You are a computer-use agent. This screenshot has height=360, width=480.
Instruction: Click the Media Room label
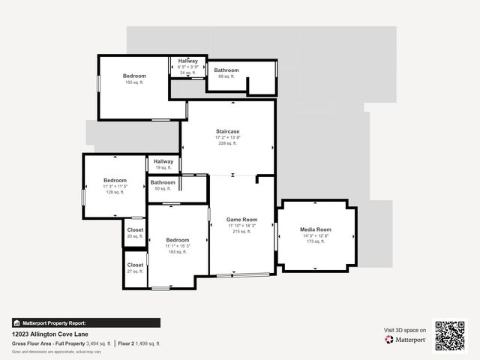point(316,229)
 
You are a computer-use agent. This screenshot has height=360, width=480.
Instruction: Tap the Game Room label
point(242,219)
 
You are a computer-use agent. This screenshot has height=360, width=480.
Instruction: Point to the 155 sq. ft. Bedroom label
point(134,76)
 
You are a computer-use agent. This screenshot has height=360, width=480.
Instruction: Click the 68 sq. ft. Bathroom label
point(226,70)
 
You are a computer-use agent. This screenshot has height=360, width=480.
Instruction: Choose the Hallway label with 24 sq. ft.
point(188,61)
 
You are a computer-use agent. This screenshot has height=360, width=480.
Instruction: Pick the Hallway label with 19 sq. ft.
point(163,161)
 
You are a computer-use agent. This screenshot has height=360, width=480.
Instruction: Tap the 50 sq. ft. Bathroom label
point(163,182)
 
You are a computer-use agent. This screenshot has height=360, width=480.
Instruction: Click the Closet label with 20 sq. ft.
point(135,230)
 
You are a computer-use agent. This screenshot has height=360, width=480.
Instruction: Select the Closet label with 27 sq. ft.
point(135,265)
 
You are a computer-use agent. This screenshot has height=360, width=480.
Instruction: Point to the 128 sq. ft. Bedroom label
point(115,180)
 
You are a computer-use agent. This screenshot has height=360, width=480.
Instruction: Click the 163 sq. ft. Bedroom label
point(178,240)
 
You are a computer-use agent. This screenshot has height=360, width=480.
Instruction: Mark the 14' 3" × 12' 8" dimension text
point(316,235)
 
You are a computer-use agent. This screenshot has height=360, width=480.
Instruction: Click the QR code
point(450,335)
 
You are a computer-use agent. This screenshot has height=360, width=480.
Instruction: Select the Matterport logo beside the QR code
point(406,340)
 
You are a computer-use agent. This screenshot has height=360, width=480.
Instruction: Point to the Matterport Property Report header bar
point(86,322)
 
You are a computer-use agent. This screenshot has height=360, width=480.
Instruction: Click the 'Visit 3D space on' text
point(405,330)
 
